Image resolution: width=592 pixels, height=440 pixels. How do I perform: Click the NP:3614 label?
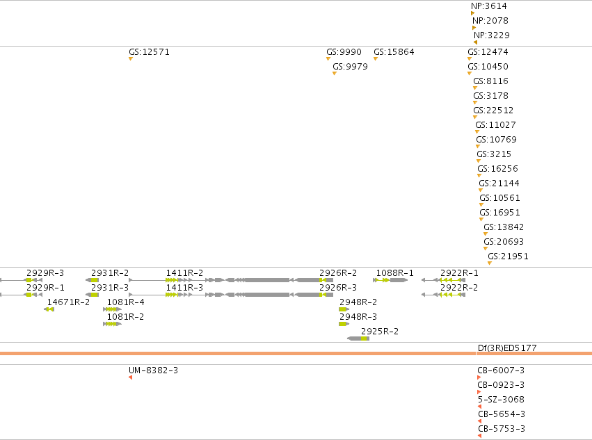(488, 6)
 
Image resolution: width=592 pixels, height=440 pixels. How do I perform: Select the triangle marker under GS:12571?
(131, 59)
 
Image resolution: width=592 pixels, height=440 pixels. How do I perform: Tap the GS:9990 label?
(344, 52)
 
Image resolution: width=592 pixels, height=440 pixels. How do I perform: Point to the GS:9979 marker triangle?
(335, 74)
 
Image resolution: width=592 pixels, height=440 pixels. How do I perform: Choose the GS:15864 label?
(394, 52)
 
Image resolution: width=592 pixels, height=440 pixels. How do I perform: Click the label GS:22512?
(493, 111)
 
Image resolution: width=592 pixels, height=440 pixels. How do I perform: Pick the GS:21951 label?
(508, 256)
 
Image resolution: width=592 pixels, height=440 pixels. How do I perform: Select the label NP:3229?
(492, 35)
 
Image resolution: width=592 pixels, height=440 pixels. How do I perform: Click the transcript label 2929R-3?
(45, 273)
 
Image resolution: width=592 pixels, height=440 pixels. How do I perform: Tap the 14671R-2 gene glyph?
(49, 309)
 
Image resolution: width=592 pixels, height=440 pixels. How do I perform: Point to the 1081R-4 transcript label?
(126, 302)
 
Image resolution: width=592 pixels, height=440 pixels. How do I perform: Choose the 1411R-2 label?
(184, 273)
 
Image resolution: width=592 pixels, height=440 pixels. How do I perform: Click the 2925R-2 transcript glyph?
(358, 339)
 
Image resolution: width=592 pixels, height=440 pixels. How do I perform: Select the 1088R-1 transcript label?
(395, 273)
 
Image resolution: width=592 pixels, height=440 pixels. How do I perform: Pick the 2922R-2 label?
(459, 288)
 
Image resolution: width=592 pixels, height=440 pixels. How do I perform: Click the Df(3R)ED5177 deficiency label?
(507, 348)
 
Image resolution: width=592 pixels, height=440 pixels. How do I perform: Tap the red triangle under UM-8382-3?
(131, 377)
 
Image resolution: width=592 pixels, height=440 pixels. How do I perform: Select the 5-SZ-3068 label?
(501, 400)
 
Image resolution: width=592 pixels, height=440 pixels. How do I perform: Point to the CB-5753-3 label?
(502, 429)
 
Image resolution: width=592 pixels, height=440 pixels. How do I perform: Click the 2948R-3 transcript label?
(358, 317)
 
